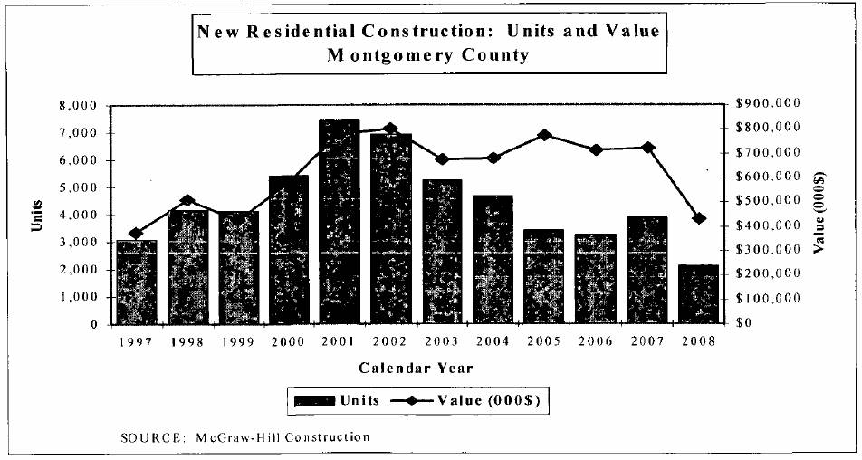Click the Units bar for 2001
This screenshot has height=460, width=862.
point(340,221)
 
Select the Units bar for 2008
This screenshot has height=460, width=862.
point(697,293)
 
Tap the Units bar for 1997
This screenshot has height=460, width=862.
point(136,282)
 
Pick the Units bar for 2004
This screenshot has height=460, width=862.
point(493,259)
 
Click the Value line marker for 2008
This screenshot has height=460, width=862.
point(698,218)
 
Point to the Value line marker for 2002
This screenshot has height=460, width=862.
point(390,129)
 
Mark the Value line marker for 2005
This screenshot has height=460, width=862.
point(544,135)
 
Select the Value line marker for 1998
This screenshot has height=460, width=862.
point(187,200)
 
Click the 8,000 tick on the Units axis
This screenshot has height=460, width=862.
point(82,106)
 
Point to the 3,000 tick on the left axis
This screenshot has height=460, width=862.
point(82,243)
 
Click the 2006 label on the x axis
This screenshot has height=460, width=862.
point(596,341)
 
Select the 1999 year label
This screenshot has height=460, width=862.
point(237,341)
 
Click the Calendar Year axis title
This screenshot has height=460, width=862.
point(416,368)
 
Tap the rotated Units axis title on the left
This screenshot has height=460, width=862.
point(37,215)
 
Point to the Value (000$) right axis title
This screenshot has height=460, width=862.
point(820,215)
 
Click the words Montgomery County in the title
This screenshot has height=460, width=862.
point(428,54)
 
